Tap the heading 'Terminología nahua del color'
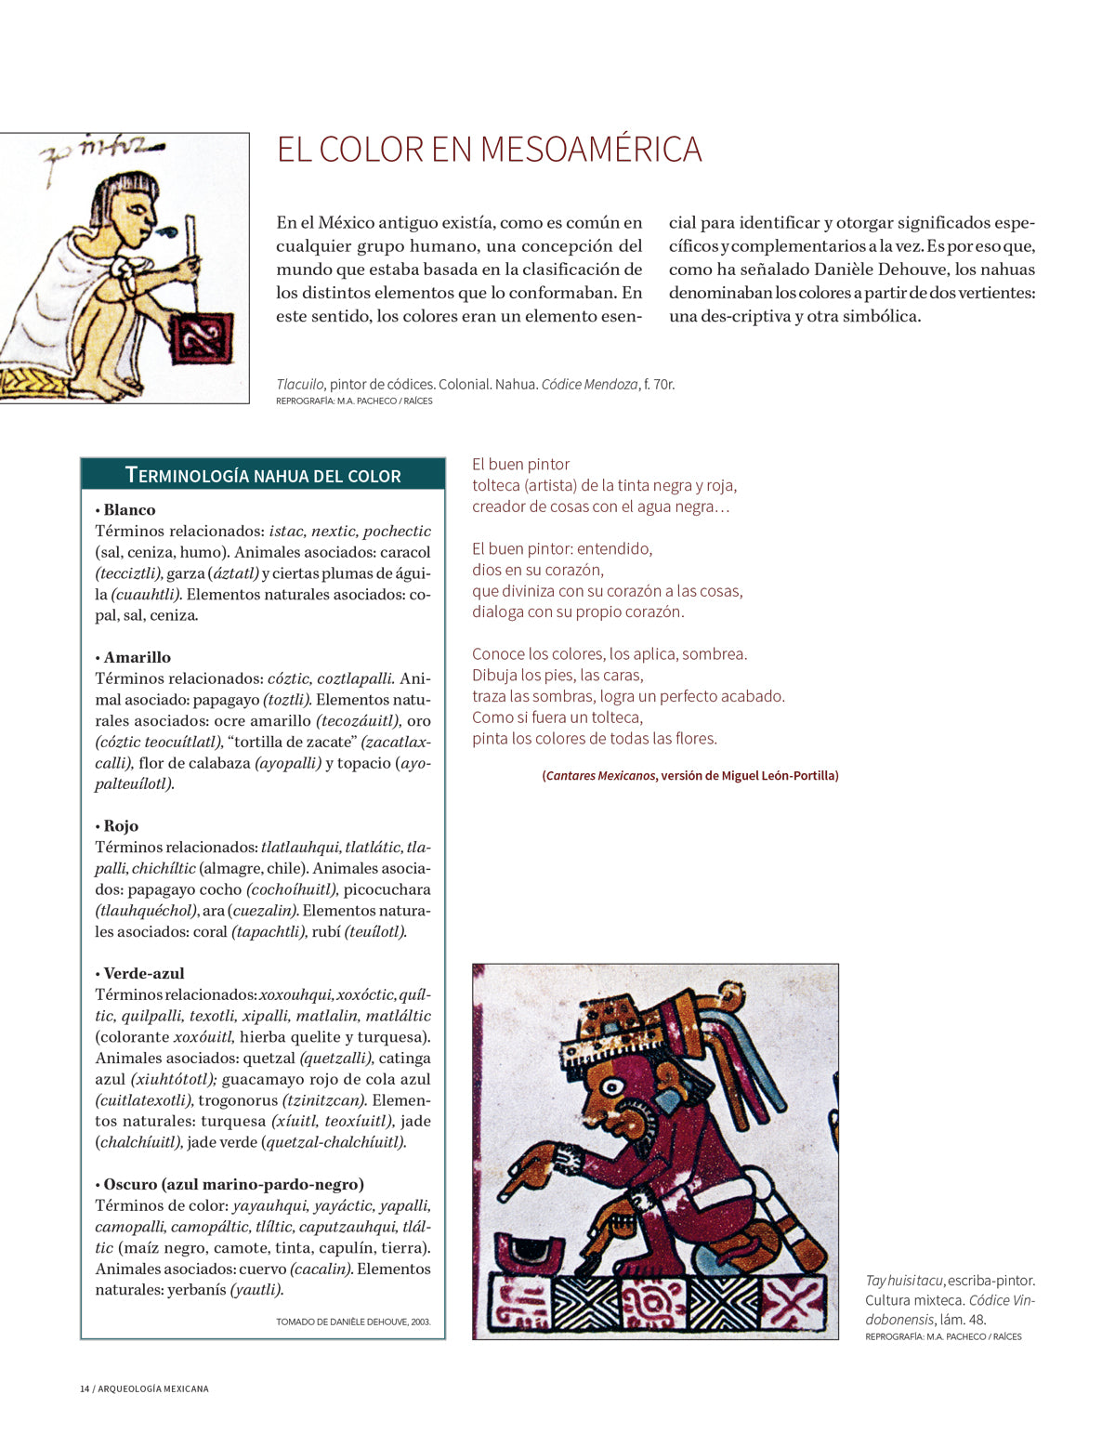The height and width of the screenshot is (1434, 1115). [x=263, y=475]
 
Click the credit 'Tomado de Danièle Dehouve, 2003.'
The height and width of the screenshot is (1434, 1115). [x=353, y=1322]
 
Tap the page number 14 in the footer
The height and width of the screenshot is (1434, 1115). [x=85, y=1388]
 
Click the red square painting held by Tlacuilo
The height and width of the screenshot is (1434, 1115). [x=202, y=337]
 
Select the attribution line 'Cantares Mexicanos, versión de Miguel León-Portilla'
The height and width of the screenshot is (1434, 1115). [x=690, y=775]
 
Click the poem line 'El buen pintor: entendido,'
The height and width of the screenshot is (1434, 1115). [x=562, y=548]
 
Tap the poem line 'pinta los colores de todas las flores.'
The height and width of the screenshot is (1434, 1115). [x=595, y=739]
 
